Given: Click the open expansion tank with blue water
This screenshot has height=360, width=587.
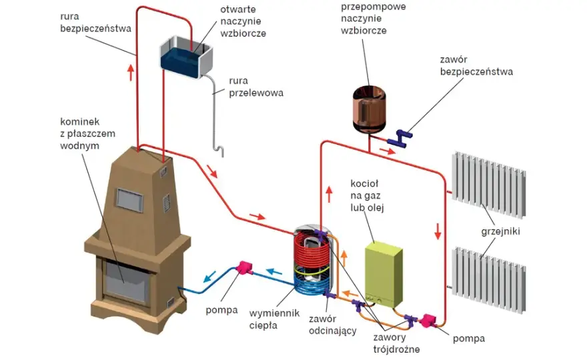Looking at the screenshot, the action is tap(186, 57).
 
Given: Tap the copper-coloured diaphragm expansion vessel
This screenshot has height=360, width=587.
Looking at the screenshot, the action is tap(369, 109).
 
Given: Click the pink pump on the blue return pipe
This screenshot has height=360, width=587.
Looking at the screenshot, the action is tap(243, 267).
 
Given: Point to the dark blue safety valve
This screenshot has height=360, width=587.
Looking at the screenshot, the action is tap(400, 138).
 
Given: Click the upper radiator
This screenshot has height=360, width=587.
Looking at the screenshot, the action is tap(489, 185).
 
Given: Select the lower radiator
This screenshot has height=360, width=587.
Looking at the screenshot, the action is tap(489, 279).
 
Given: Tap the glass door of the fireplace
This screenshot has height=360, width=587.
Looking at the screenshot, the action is tap(125, 281).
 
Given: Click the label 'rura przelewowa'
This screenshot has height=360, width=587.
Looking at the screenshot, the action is tap(256, 87).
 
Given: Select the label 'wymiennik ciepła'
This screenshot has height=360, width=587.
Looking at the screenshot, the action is tap(274, 319).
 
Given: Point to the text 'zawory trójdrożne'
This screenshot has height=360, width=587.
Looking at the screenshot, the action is tap(396, 343).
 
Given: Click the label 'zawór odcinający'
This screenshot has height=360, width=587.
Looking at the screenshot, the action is tap(332, 325).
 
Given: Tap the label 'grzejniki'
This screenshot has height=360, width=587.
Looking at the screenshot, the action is tap(500, 231).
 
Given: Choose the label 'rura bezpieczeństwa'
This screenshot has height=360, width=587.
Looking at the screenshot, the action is tap(95, 23).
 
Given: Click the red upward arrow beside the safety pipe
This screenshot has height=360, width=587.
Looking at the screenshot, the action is tap(131, 73).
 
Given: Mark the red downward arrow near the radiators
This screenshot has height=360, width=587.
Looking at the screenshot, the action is tap(438, 231).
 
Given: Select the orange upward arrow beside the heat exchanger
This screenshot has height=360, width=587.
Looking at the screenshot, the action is tap(344, 259).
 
